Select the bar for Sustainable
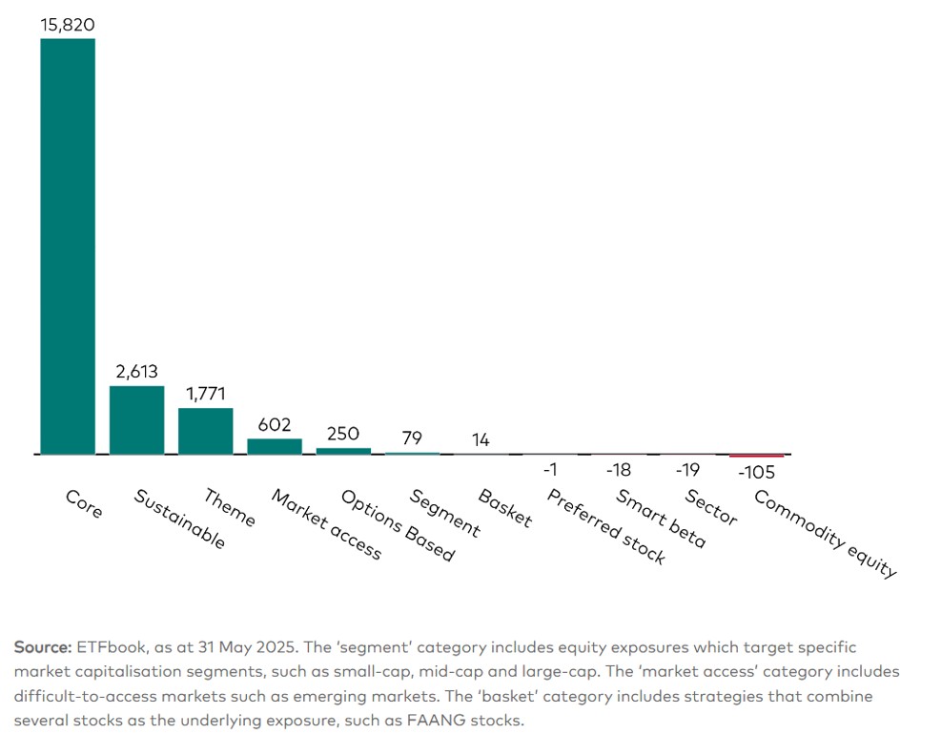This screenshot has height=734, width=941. [136, 419]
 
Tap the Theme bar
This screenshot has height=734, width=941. [205, 431]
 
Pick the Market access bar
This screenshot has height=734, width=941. [275, 446]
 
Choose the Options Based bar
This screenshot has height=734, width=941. [343, 451]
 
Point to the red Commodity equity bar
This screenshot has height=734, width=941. [756, 456]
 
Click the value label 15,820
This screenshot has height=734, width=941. [68, 24]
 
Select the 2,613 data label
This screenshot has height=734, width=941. [136, 372]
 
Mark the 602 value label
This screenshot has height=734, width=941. [275, 425]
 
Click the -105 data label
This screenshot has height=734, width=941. [756, 473]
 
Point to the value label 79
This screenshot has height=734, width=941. [412, 438]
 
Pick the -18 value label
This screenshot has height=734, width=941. [619, 470]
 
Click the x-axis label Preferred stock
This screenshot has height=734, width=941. [605, 527]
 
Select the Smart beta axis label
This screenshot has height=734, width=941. [661, 519]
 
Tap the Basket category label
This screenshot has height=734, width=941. [504, 508]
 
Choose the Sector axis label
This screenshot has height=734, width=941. [711, 507]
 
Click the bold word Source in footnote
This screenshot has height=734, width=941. [42, 647]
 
